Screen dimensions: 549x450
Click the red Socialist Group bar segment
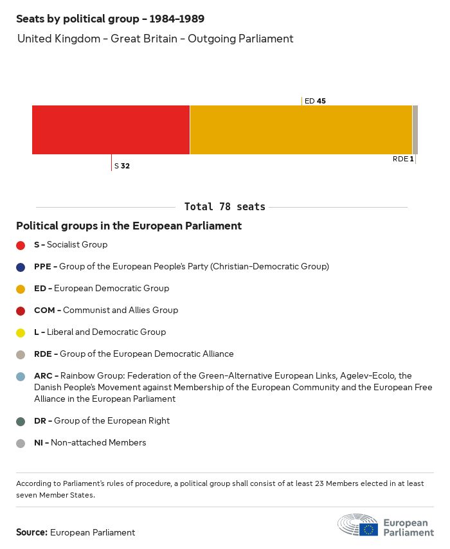[x=111, y=130]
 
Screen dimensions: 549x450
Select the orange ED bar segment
[x=301, y=130]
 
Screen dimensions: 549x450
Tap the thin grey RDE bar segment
[x=415, y=130]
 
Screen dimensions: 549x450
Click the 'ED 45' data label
[x=315, y=101]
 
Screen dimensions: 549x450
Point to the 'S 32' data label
[x=122, y=166]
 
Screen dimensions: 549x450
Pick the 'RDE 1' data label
[x=403, y=159]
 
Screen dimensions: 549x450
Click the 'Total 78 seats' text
[x=224, y=207]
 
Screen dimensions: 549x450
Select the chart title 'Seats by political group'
[x=111, y=19]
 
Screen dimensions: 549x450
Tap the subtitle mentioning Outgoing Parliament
[x=155, y=39]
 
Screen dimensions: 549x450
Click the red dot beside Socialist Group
[x=21, y=245]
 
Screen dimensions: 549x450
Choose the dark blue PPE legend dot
[x=21, y=267]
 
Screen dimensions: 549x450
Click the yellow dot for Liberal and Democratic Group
[x=21, y=332]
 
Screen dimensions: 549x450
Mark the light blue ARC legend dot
[x=21, y=376]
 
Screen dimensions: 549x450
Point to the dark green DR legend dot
[x=21, y=421]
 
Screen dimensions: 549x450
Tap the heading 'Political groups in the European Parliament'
[x=129, y=226]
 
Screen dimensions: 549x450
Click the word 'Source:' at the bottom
[x=32, y=532]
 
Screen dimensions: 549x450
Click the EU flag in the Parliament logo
[x=368, y=529]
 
